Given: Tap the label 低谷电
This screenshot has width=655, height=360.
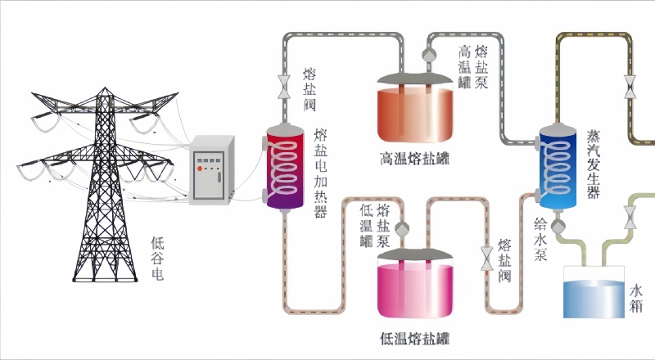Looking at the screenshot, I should tap(157, 259).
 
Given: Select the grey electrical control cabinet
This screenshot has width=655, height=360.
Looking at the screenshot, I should tap(212, 170).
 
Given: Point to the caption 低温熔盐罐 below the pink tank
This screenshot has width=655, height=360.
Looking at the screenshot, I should tap(414, 337).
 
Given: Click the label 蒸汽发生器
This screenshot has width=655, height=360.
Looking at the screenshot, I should tap(594, 164).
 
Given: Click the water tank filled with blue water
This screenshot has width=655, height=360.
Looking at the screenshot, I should tap(594, 295).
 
